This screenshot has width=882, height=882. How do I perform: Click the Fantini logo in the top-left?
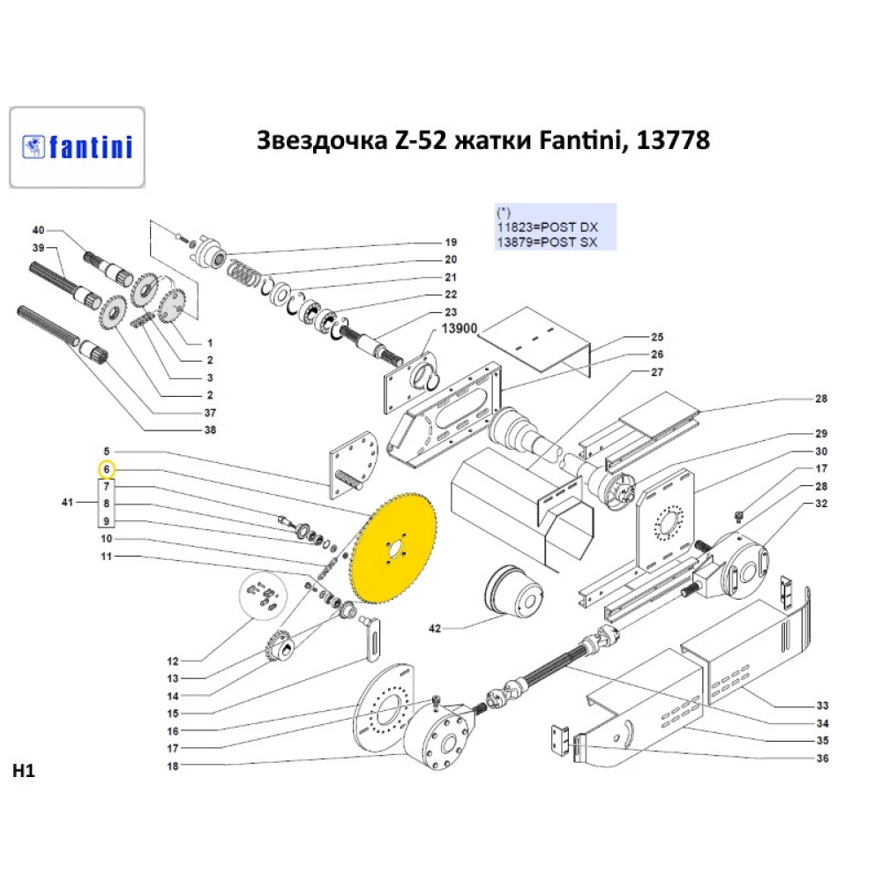[77, 146]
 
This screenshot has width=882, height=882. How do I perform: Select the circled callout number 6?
[106, 468]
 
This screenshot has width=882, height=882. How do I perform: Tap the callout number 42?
[434, 629]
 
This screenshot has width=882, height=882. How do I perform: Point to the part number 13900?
[460, 328]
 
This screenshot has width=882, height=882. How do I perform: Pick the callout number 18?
[172, 766]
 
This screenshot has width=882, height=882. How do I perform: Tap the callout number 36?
[821, 758]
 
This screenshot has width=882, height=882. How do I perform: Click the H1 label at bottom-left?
[23, 771]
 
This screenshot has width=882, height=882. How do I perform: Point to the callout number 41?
[67, 503]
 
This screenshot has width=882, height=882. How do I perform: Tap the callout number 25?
[656, 338]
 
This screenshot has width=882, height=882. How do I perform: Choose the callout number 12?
[172, 661]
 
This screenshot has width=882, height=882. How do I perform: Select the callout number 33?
[821, 706]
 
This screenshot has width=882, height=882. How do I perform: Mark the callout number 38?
[210, 430]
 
